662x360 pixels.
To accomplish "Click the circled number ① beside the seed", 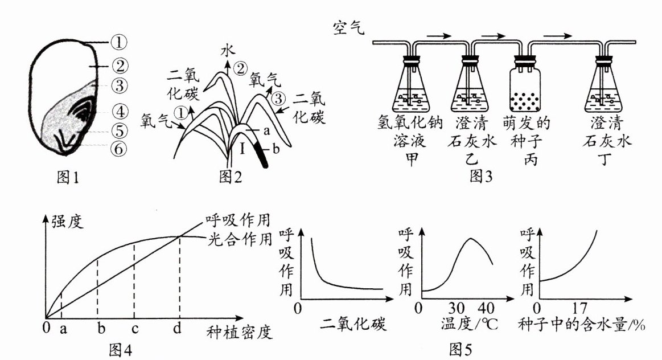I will pyautogui.click(x=119, y=42).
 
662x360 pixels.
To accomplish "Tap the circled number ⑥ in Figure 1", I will pyautogui.click(x=119, y=149).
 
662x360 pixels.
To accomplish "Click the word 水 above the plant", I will pyautogui.click(x=227, y=52).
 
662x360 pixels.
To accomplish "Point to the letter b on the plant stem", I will pyautogui.click(x=276, y=150).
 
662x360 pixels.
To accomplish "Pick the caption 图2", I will pyautogui.click(x=231, y=177).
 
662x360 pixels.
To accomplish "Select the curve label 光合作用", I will pyautogui.click(x=238, y=239).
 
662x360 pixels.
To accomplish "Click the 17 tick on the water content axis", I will pyautogui.click(x=579, y=309).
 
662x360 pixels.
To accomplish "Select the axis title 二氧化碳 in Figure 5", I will pyautogui.click(x=354, y=325).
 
